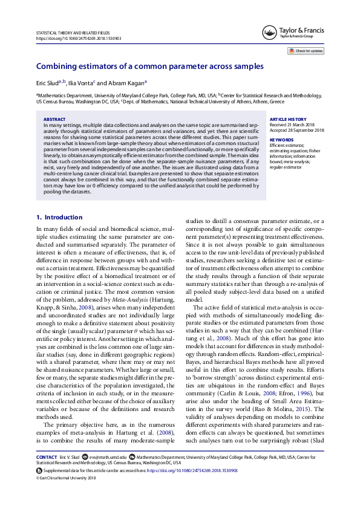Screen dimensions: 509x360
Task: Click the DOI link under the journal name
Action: click(79, 37)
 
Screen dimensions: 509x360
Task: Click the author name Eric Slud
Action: click(47, 83)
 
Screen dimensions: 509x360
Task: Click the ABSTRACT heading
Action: click(55, 120)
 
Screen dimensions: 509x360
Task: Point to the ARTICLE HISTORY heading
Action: click(288, 120)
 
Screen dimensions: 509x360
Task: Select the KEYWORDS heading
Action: click(281, 140)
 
